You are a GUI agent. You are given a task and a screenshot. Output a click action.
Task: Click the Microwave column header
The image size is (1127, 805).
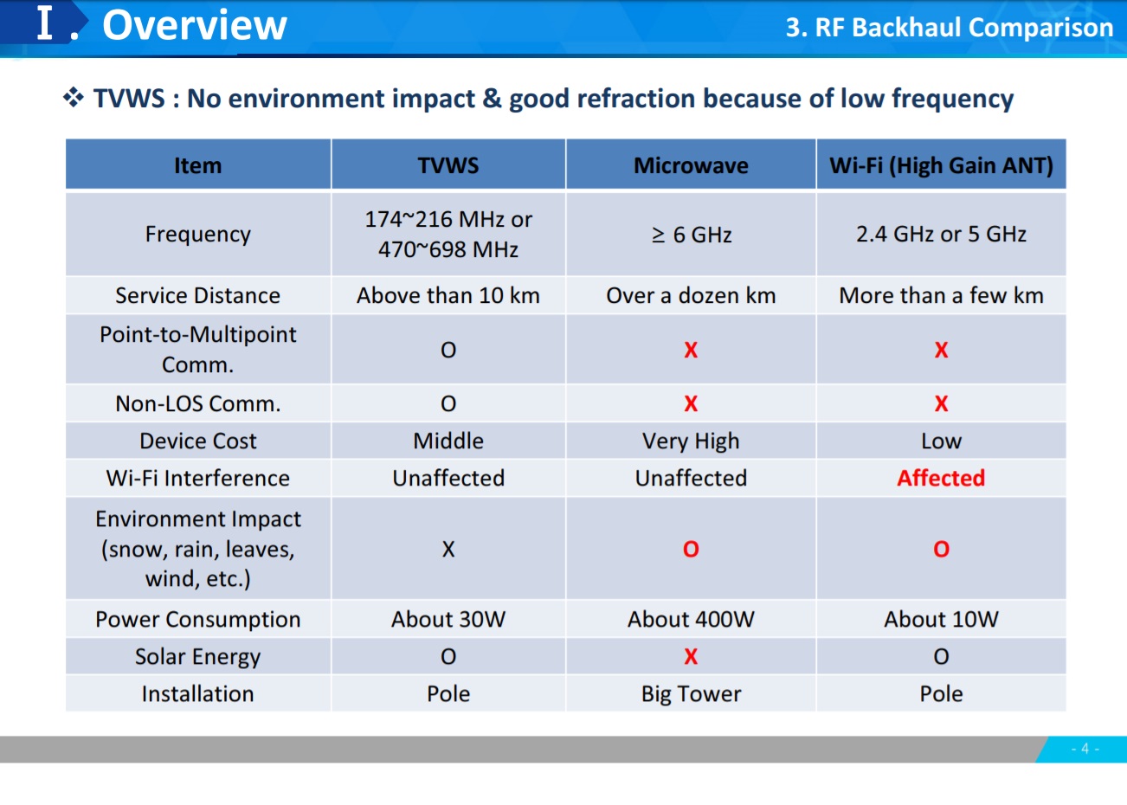click(x=691, y=165)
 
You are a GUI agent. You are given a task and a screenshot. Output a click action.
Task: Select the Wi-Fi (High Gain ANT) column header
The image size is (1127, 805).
click(x=941, y=165)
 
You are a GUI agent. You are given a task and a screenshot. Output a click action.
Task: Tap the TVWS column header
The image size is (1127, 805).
click(x=448, y=165)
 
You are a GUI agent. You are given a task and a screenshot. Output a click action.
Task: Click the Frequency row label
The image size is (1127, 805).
click(x=197, y=235)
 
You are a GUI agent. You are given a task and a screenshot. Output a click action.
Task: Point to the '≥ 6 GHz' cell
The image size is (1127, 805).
click(x=692, y=235)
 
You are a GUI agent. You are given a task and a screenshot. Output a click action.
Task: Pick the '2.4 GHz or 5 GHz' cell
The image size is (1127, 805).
click(x=941, y=234)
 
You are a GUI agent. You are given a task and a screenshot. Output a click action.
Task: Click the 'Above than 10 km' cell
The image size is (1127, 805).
click(x=448, y=295)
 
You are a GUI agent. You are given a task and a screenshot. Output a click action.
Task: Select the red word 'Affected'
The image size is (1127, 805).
click(x=941, y=478)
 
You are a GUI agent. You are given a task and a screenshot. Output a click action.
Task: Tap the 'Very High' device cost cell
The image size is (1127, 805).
click(x=691, y=441)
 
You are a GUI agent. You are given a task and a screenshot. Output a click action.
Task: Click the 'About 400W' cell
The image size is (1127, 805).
click(x=691, y=620)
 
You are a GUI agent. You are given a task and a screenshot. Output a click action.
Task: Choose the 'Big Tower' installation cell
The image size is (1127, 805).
click(x=691, y=694)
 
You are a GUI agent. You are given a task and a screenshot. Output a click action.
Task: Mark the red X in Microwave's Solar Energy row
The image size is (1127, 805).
click(x=691, y=657)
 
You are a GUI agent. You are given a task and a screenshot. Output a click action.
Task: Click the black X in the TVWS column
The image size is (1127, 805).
click(x=448, y=549)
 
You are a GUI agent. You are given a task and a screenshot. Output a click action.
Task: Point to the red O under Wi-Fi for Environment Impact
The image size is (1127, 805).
click(x=942, y=549)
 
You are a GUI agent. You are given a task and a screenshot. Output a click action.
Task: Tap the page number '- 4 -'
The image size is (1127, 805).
click(x=1085, y=749)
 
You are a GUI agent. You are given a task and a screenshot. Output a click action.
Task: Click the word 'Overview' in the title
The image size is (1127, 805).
click(x=195, y=25)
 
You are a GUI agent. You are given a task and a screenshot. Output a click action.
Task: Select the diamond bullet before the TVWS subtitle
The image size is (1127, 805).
click(x=74, y=98)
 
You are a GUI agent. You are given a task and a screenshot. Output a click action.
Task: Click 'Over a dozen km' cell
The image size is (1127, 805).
click(x=691, y=295)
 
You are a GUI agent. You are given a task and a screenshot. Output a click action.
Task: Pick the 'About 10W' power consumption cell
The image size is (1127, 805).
click(x=941, y=620)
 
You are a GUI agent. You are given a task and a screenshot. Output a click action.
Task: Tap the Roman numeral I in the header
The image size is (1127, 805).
click(x=45, y=23)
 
